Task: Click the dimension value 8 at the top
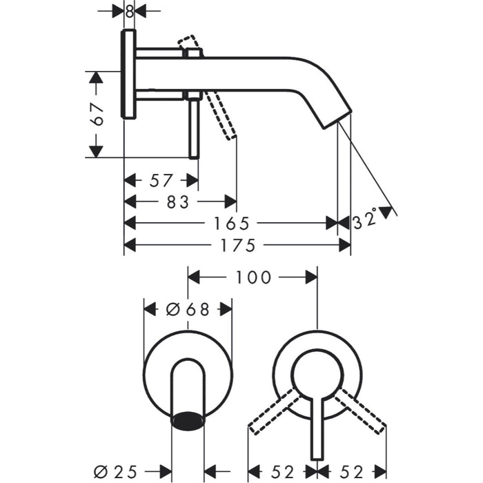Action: click(129, 11)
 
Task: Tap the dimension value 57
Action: click(161, 181)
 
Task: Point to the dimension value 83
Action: click(178, 201)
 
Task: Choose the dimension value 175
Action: click(238, 245)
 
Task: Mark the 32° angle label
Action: click(366, 220)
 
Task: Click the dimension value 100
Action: click(253, 277)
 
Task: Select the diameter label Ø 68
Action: click(188, 310)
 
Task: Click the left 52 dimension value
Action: click(282, 473)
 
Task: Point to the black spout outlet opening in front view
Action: click(188, 419)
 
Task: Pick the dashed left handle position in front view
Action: click(273, 411)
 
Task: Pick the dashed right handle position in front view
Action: click(359, 411)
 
